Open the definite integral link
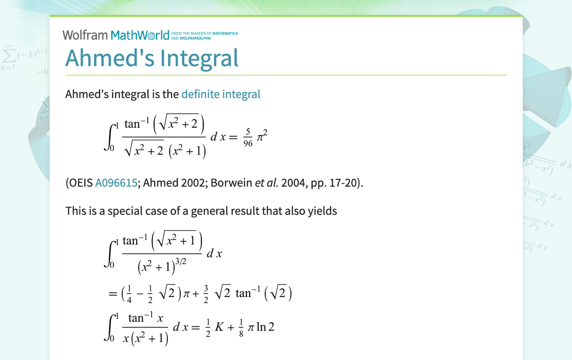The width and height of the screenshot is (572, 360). pyautogui.click(x=220, y=94)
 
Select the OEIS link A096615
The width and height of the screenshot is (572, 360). pyautogui.click(x=116, y=182)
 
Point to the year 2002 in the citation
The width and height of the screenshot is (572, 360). pyautogui.click(x=191, y=182)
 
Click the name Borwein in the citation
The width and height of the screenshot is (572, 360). pyautogui.click(x=231, y=182)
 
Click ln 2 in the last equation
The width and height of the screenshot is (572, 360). pyautogui.click(x=265, y=328)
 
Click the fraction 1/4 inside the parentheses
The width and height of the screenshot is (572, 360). pyautogui.click(x=129, y=294)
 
